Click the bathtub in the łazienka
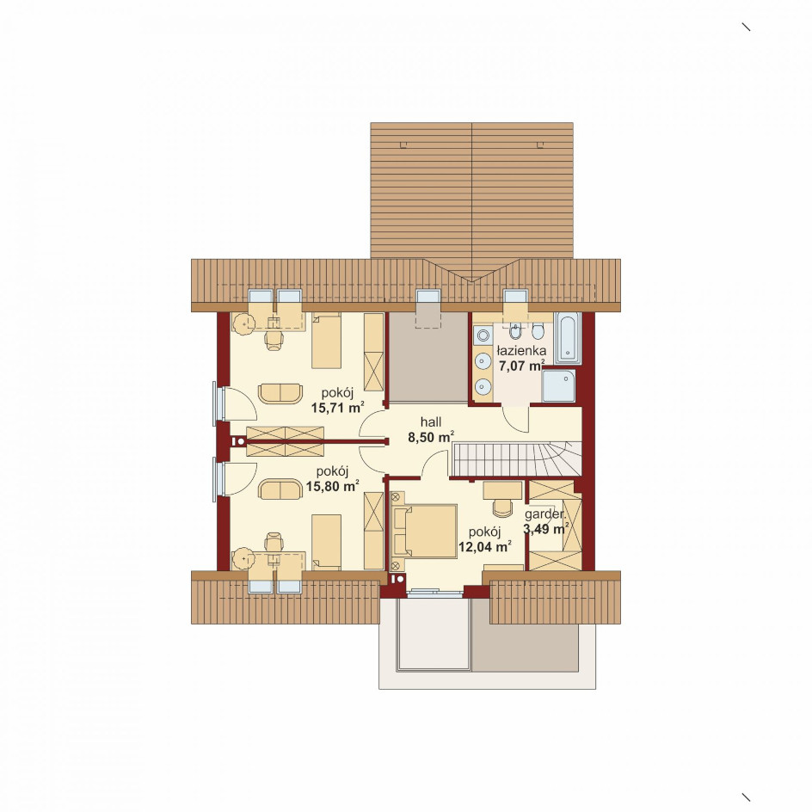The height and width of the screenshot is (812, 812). pos(568,338)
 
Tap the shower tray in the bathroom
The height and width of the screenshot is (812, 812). pos(558,385)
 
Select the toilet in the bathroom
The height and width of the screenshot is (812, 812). pos(538,329)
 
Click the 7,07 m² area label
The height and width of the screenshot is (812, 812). pos(521,366)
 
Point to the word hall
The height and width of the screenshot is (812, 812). pos(431,422)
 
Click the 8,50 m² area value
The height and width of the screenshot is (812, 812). pos(431,438)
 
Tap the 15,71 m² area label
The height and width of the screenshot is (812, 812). pos(337,407)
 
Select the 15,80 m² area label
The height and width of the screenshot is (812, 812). pos(333,486)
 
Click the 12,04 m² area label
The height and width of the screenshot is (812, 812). pos(485,546)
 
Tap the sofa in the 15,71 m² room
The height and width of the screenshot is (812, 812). pos(280,393)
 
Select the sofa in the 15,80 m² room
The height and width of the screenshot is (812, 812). pos(280,489)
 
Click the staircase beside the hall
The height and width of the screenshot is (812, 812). pos(516,458)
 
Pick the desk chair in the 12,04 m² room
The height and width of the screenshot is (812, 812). pos(501,508)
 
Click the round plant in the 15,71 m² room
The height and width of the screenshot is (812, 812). pos(242,324)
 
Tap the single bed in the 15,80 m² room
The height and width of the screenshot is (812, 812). pos(326,542)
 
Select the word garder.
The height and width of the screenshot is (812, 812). pos(544,514)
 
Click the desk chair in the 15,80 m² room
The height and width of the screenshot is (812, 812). pos(274,543)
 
